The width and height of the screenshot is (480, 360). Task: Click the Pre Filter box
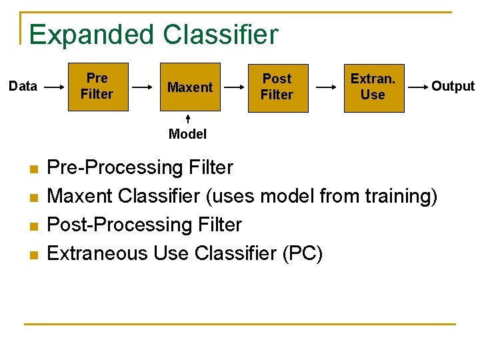pyautogui.click(x=97, y=87)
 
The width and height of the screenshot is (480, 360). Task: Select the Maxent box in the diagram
pyautogui.click(x=190, y=87)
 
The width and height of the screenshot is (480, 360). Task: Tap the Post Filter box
pyautogui.click(x=277, y=87)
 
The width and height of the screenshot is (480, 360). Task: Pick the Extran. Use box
pyautogui.click(x=373, y=87)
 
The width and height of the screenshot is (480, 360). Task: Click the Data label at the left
pyautogui.click(x=23, y=86)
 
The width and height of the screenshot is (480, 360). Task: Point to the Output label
pyautogui.click(x=453, y=86)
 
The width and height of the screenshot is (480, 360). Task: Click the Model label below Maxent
pyautogui.click(x=187, y=134)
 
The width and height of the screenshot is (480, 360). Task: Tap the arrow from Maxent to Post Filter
pyautogui.click(x=235, y=87)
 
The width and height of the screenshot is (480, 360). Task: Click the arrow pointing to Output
pyautogui.click(x=417, y=87)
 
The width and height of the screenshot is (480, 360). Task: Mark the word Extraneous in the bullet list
pyautogui.click(x=98, y=253)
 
